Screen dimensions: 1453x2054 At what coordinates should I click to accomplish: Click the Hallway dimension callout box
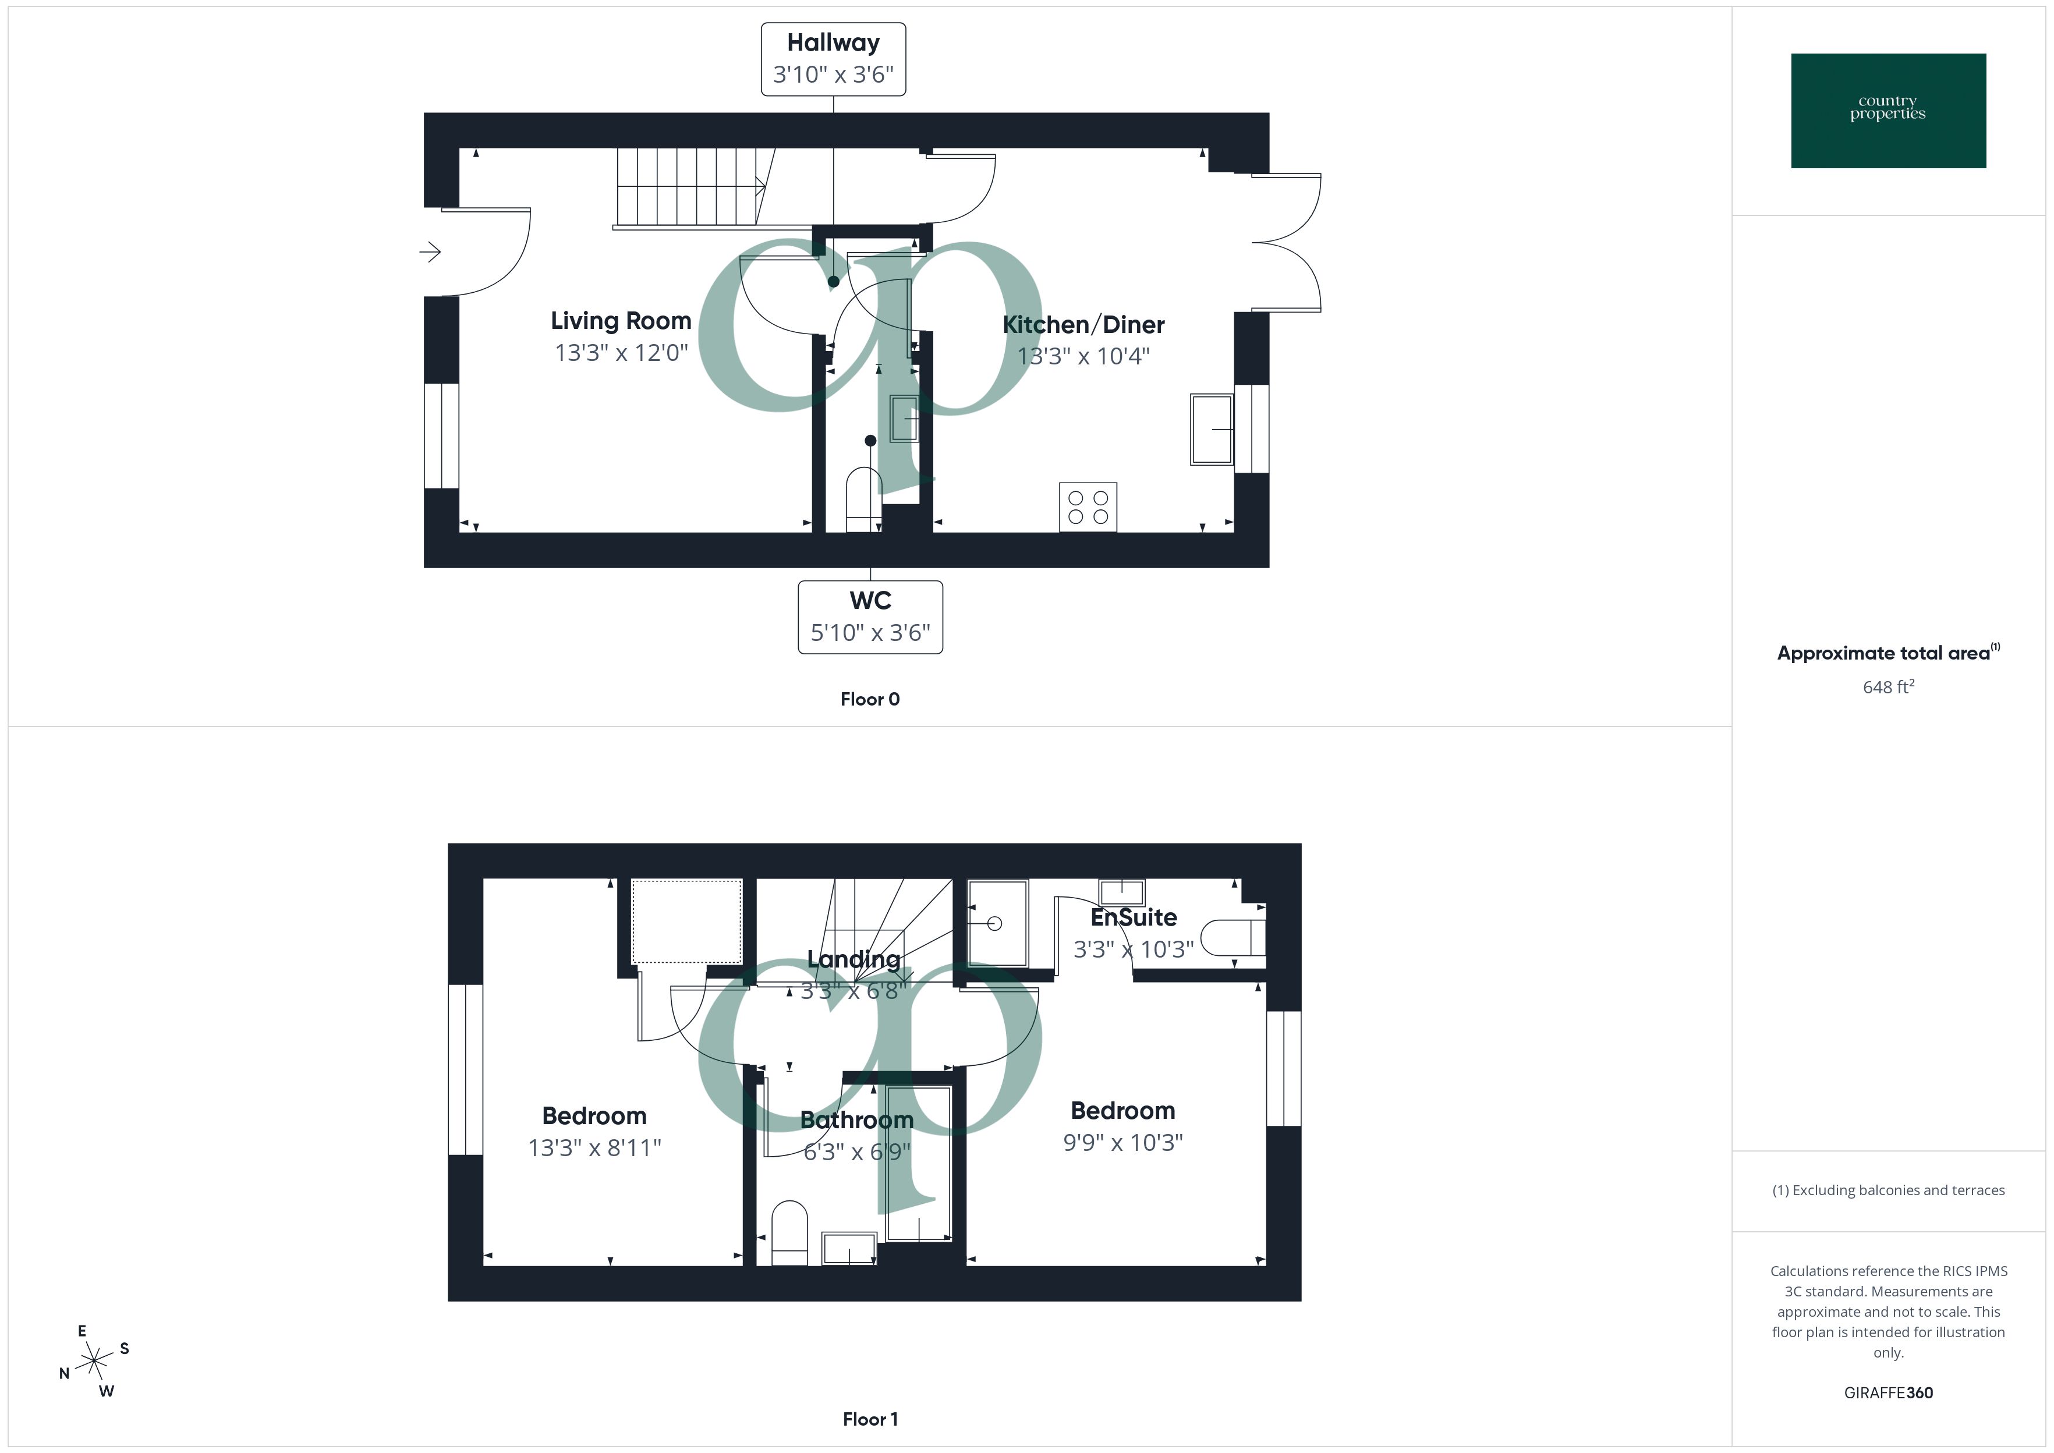833,59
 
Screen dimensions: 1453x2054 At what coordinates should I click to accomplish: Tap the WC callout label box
870,617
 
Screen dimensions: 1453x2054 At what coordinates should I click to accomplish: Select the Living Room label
621,320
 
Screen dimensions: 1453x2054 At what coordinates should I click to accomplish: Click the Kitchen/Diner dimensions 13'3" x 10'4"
1083,356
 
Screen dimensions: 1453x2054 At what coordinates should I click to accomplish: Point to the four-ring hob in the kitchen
1088,507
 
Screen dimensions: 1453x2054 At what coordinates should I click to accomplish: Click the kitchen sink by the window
1212,430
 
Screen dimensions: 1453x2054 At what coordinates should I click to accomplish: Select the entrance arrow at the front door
430,252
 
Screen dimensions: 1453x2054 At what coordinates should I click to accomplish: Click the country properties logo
1887,111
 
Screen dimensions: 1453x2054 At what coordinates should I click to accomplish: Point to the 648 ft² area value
1887,687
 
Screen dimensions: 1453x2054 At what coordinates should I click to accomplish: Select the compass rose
94,1362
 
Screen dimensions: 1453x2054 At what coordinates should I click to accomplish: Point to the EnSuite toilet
1233,938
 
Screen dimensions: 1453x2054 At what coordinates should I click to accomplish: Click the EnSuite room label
1134,917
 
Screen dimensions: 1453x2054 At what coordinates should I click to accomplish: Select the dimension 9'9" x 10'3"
1122,1143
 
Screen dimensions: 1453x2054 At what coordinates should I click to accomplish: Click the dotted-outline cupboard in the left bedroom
686,921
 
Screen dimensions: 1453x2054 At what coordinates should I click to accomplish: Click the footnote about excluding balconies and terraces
1887,1190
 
